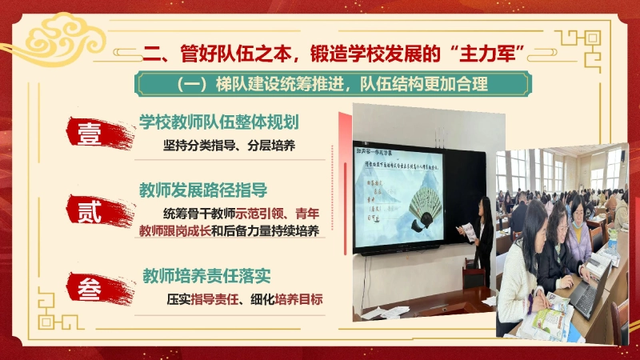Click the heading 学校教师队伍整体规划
click(x=218, y=122)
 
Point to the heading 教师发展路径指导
click(x=202, y=191)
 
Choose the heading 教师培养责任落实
click(x=206, y=276)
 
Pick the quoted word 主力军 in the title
click(x=492, y=53)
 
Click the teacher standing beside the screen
click(x=482, y=232)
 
